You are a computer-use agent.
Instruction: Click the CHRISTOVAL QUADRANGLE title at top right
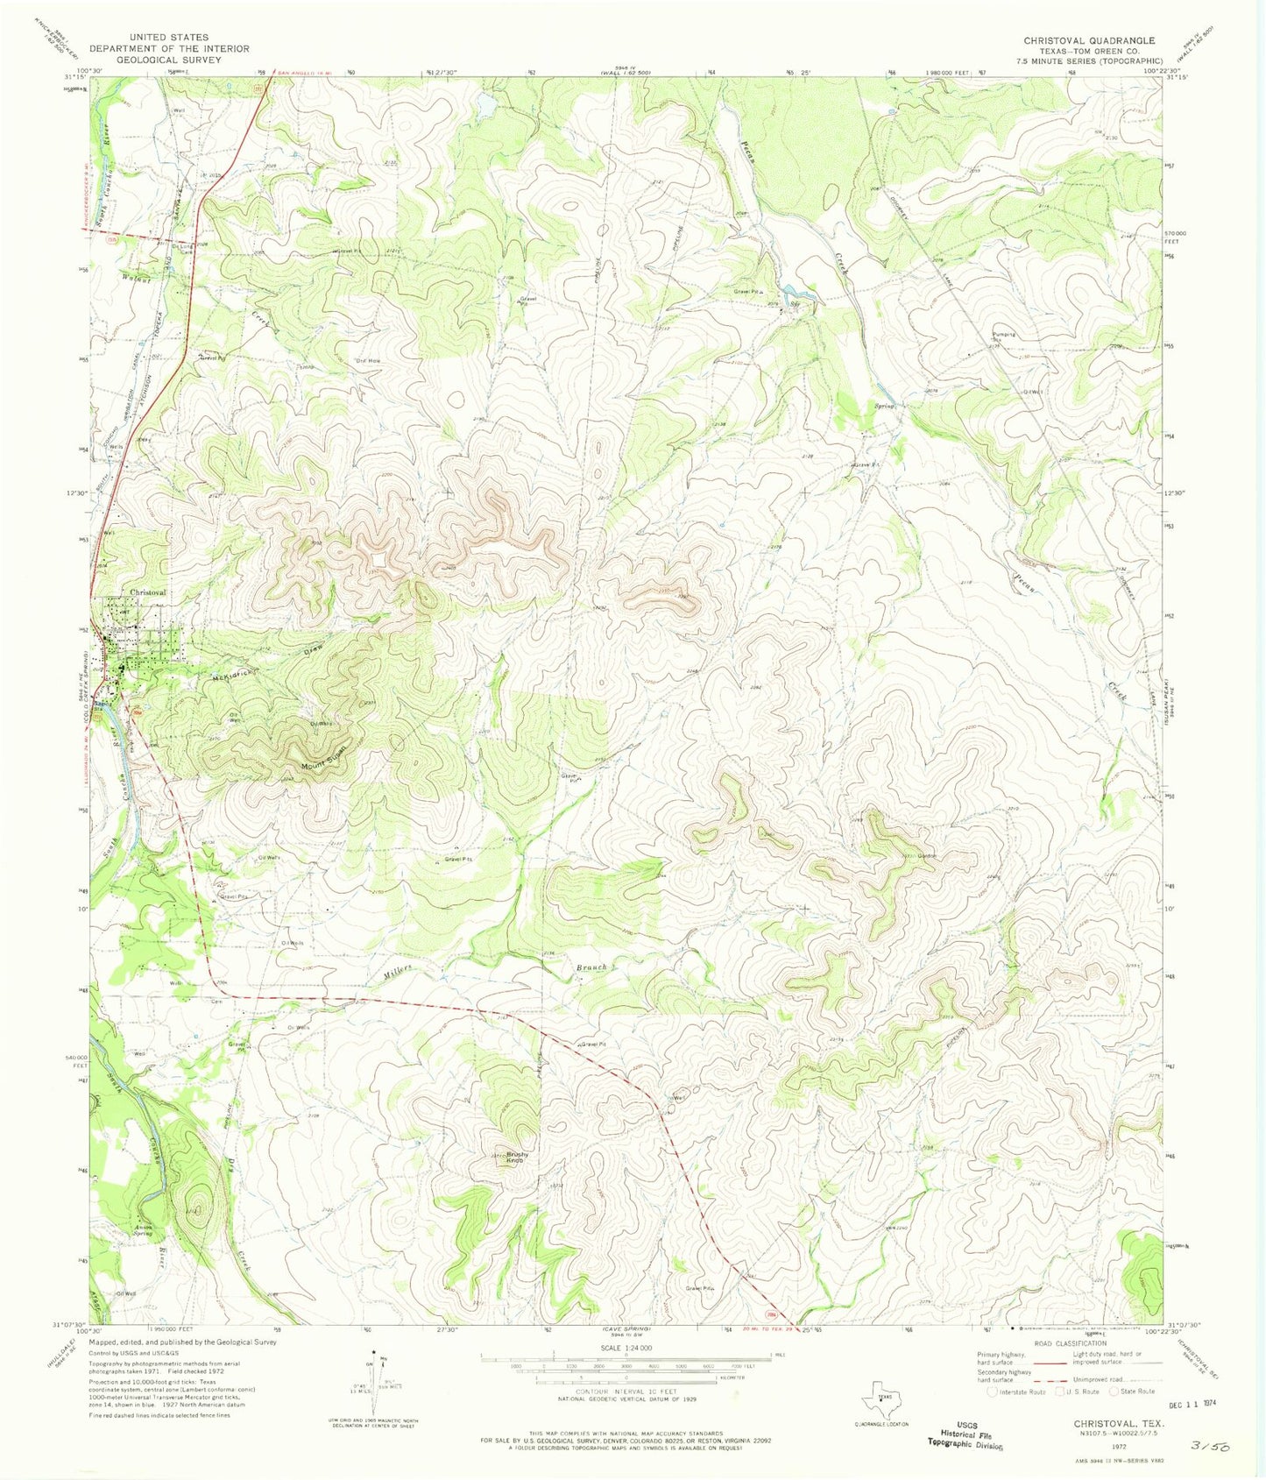[x=1089, y=40]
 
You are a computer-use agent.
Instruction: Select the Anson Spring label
[x=142, y=1229]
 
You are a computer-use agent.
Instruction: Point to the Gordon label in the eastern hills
[x=927, y=856]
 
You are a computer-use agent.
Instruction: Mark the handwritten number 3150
[x=1210, y=1446]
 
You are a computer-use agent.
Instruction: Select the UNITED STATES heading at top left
[x=169, y=38]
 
